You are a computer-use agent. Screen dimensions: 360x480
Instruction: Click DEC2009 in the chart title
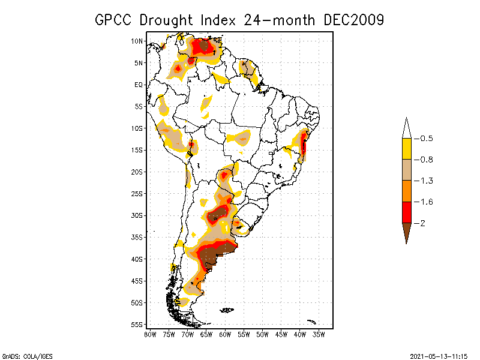353,20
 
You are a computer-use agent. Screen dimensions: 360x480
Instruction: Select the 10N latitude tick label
137,41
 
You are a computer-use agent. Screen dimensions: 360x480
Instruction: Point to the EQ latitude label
139,85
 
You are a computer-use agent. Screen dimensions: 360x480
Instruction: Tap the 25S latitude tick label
137,193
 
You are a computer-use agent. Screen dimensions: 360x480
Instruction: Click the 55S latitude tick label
137,324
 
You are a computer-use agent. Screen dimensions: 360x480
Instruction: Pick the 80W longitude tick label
150,334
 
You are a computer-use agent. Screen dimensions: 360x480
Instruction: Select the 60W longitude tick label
225,334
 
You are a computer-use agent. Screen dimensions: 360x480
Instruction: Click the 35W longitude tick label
319,334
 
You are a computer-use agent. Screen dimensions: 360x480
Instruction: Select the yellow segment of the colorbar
406,149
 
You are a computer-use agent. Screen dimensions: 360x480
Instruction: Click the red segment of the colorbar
406,212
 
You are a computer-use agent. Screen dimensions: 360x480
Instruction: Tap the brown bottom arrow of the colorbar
406,231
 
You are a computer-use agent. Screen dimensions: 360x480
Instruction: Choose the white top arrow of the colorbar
406,129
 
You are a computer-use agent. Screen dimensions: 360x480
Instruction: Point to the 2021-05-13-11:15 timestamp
438,355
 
